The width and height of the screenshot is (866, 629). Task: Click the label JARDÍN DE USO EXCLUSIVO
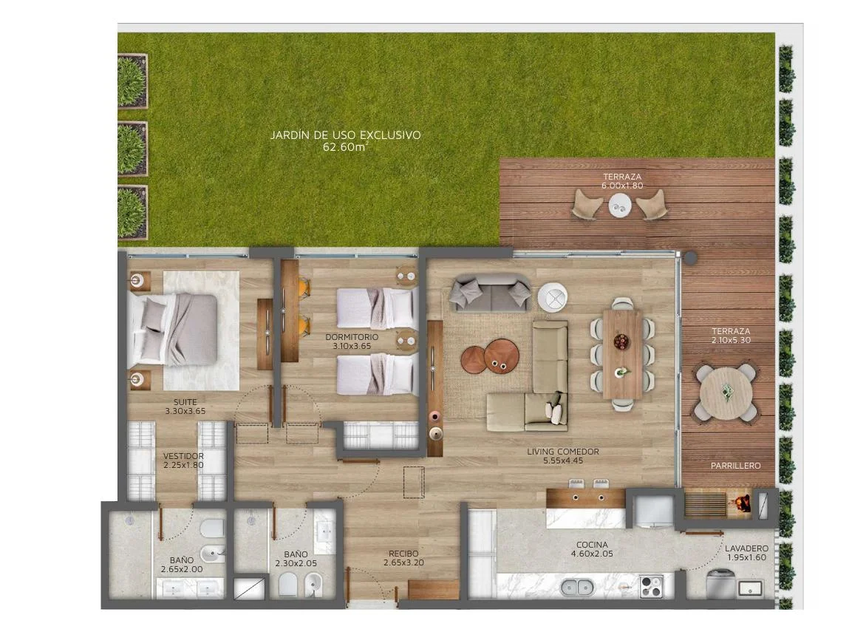(x=345, y=135)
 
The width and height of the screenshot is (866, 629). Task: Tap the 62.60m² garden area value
(x=345, y=147)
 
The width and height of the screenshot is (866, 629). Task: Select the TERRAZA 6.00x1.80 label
(x=622, y=181)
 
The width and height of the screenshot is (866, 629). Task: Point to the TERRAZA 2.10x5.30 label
(x=731, y=336)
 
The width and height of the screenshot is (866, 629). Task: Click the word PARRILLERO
(x=736, y=466)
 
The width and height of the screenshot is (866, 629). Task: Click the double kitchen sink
(x=577, y=587)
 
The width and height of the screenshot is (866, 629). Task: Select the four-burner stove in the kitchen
(x=651, y=586)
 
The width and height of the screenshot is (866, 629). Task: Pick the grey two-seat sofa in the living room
(x=490, y=293)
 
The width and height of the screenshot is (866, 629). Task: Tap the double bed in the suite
(x=173, y=330)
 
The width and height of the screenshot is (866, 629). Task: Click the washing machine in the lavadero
(x=720, y=584)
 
